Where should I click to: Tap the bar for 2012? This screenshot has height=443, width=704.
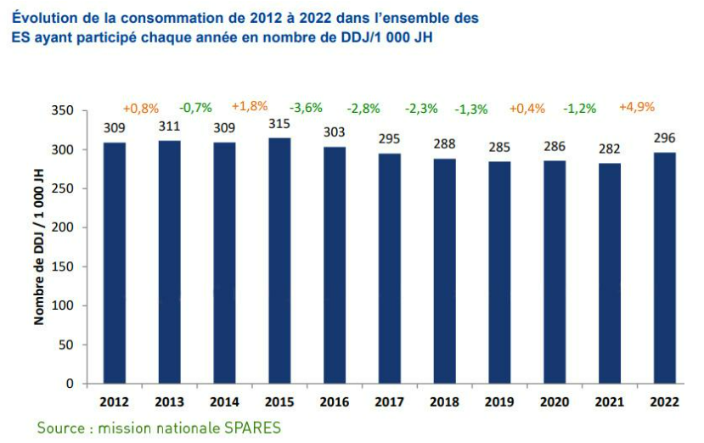pos(114,263)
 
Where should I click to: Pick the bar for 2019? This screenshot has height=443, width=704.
pos(500,272)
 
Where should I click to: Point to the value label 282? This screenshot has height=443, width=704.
pos(610,149)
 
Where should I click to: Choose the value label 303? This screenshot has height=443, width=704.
pos(335,132)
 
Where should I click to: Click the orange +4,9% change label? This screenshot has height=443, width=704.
pos(637,107)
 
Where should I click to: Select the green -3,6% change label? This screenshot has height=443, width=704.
pos(307,108)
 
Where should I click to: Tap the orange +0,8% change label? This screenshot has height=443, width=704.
pos(141,108)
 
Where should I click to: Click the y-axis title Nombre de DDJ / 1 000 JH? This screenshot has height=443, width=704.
pos(39,246)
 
